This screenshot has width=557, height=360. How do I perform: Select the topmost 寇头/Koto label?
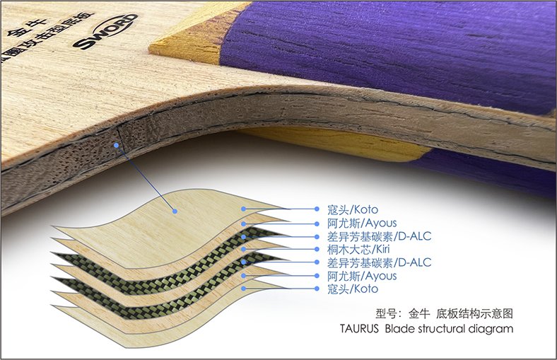(x=353, y=209)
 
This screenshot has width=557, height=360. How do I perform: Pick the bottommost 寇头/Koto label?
(x=353, y=289)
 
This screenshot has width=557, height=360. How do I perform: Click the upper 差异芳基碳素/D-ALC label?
(x=380, y=236)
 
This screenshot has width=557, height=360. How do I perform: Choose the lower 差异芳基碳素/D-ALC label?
(x=380, y=262)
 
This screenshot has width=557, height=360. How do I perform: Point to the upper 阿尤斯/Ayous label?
(x=362, y=223)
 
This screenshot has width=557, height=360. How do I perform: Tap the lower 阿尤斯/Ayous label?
(x=362, y=276)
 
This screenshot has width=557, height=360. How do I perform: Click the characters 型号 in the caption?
(x=385, y=313)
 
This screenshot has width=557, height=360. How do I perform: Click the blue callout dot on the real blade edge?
(x=115, y=144)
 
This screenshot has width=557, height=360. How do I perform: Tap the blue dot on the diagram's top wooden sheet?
(x=173, y=209)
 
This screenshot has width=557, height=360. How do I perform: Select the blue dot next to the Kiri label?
(x=243, y=250)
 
